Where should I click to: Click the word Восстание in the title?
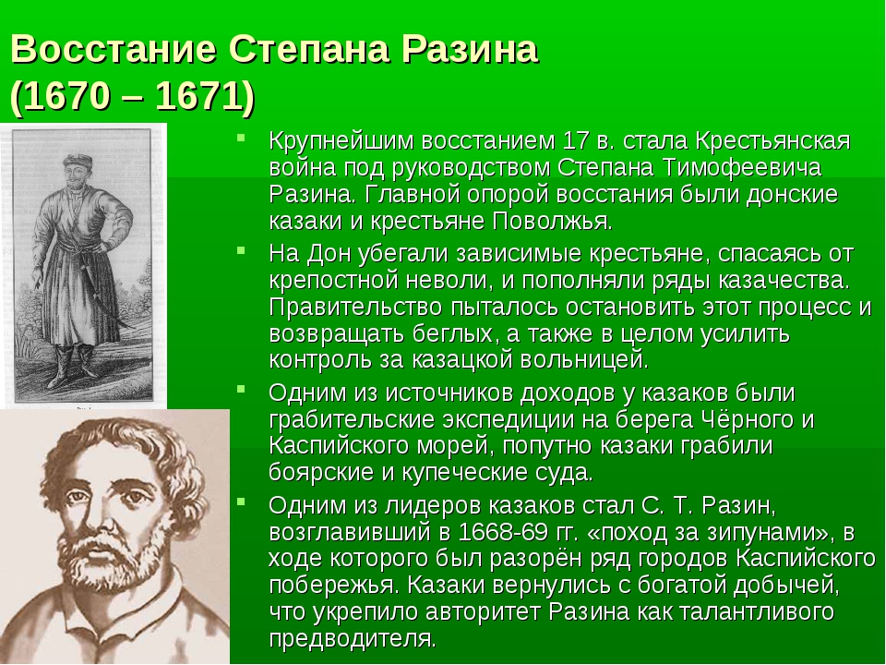click(x=113, y=49)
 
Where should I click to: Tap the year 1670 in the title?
click(x=66, y=96)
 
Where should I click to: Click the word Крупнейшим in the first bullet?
click(x=341, y=140)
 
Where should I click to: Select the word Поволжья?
click(x=552, y=221)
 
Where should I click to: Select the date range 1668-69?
click(x=502, y=532)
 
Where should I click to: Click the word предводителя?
click(x=353, y=639)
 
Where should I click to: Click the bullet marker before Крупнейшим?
click(x=242, y=137)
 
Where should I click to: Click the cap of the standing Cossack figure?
click(x=77, y=161)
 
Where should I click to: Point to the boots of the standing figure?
click(x=72, y=366)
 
